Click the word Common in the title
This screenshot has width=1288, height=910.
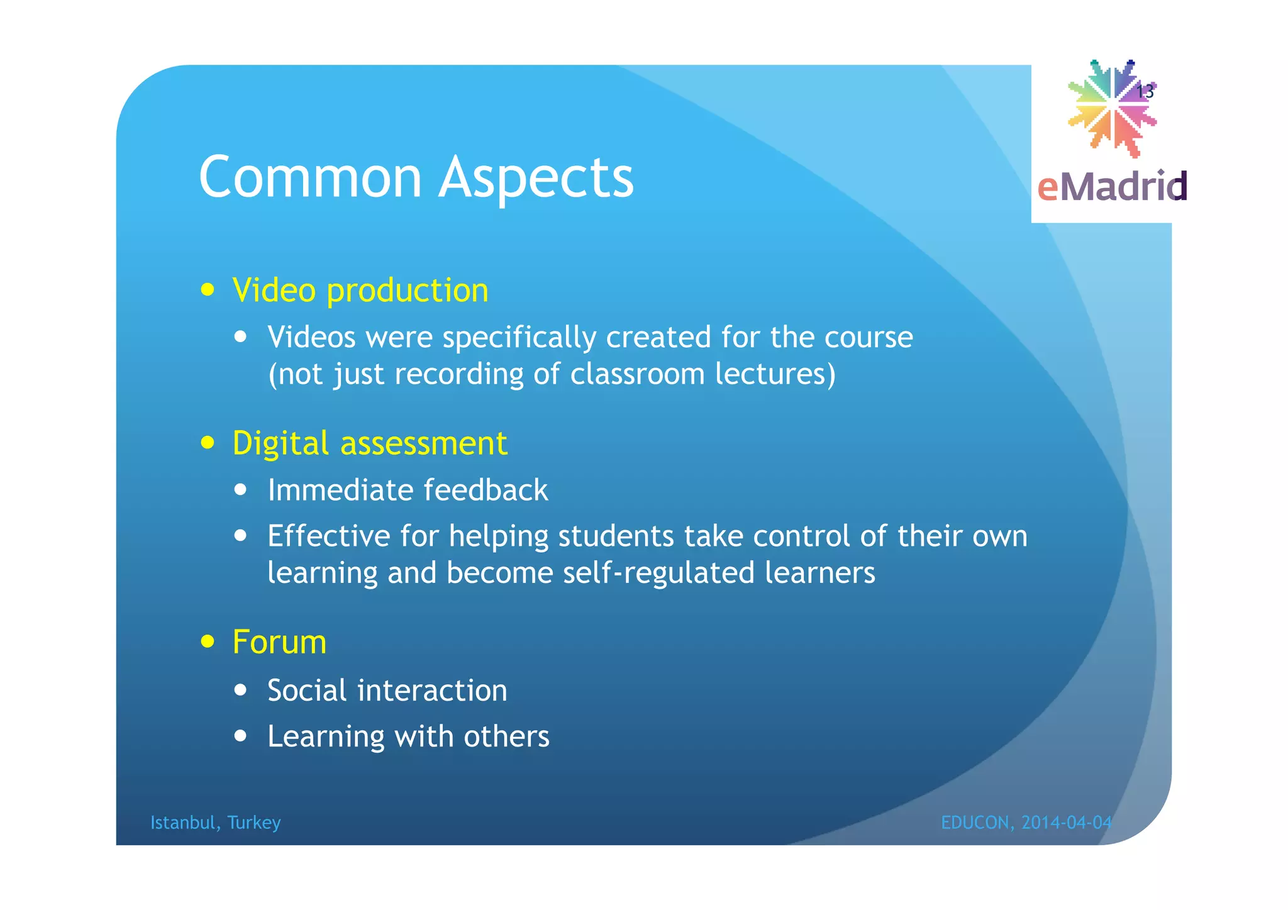pos(310,177)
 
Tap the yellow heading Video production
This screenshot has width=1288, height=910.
pos(360,291)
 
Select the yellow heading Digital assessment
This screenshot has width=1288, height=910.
pos(369,443)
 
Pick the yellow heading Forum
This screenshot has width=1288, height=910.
pos(279,642)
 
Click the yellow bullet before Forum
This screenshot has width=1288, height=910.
pos(208,642)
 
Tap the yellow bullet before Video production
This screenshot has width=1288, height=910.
pos(208,291)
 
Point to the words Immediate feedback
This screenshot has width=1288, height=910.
pos(408,490)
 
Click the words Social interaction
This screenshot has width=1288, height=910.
pos(387,691)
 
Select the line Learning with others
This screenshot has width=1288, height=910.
pos(408,736)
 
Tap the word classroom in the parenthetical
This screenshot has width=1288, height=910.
pos(637,374)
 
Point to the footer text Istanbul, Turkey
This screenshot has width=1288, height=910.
pos(215,823)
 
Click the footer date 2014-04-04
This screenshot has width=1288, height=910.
pos(1067,823)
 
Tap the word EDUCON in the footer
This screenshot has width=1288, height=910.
pos(975,823)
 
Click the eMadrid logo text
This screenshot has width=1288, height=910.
pos(1111,187)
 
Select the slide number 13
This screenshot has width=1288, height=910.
pos(1145,92)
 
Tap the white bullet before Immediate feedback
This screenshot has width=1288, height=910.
pos(240,490)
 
